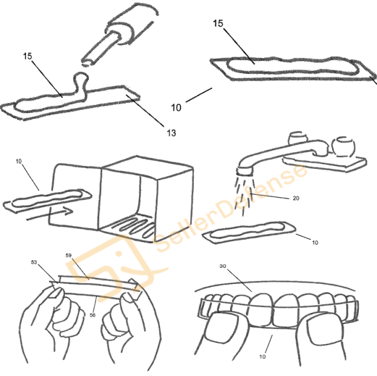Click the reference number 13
[x=171, y=133]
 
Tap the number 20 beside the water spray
[x=296, y=198]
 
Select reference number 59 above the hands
[x=68, y=256]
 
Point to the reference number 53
[x=34, y=262]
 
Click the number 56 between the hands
[x=92, y=315]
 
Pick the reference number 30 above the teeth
[x=223, y=266]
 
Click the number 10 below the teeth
[x=262, y=357]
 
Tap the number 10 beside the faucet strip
[x=315, y=243]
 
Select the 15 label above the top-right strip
[x=218, y=24]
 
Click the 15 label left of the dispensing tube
[x=28, y=56]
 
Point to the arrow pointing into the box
[x=49, y=214]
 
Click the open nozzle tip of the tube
[x=88, y=61]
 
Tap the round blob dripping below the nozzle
[x=81, y=78]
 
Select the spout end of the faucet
[x=244, y=171]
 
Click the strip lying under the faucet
[x=249, y=233]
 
